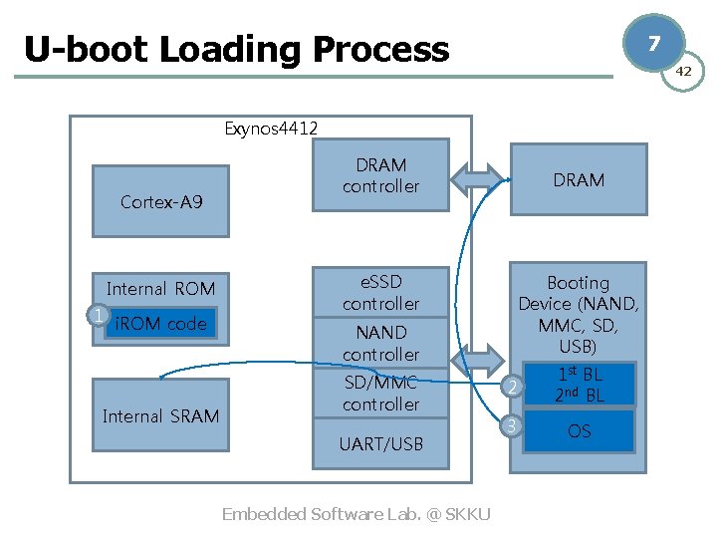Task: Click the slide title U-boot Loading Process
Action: [236, 49]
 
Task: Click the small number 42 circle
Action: [683, 72]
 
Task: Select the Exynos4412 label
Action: [271, 128]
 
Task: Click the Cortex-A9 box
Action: [160, 202]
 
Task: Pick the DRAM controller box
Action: [380, 176]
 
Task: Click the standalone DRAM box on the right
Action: [578, 180]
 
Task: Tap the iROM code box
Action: [160, 324]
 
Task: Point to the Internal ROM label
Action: [160, 289]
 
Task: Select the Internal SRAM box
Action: [160, 415]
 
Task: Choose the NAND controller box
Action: [380, 344]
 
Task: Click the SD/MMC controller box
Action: [380, 394]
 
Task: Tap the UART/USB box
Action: [380, 444]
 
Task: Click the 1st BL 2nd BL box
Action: [579, 385]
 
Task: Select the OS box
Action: [579, 431]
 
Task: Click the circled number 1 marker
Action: [97, 316]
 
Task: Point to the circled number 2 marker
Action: [511, 387]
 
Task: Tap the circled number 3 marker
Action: [511, 426]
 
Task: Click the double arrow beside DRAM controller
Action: [478, 177]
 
